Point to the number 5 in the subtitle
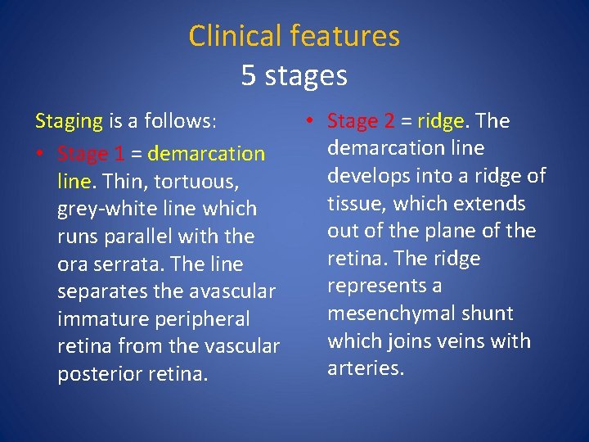[x=249, y=76]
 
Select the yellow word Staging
[x=69, y=122]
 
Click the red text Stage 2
[x=360, y=121]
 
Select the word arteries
[x=365, y=368]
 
